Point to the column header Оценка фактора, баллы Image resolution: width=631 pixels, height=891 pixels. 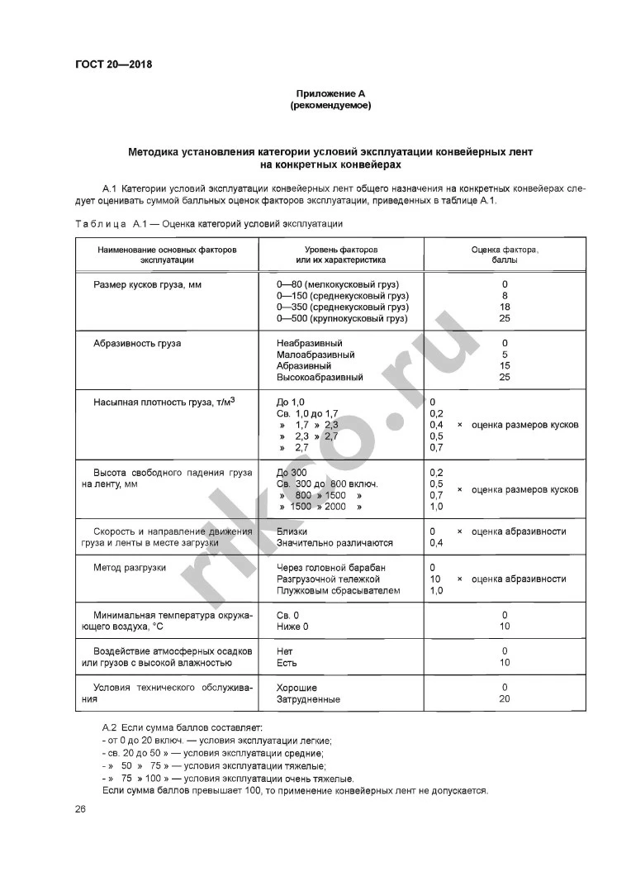pyautogui.click(x=505, y=254)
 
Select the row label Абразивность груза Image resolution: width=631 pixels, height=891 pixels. pyautogui.click(x=137, y=343)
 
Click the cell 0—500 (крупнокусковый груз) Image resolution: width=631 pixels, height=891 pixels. pyautogui.click(x=343, y=318)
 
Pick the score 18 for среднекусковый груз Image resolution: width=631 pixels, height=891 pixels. pyautogui.click(x=505, y=307)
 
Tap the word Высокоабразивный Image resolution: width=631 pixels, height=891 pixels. pyautogui.click(x=320, y=378)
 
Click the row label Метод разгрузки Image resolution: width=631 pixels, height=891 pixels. pyautogui.click(x=130, y=568)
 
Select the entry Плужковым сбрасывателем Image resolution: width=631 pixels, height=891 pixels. pyautogui.click(x=339, y=591)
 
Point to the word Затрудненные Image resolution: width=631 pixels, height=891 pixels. pyautogui.click(x=309, y=699)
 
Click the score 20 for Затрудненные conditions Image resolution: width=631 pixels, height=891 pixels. pyautogui.click(x=505, y=699)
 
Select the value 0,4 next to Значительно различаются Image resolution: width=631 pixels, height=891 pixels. pyautogui.click(x=438, y=543)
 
